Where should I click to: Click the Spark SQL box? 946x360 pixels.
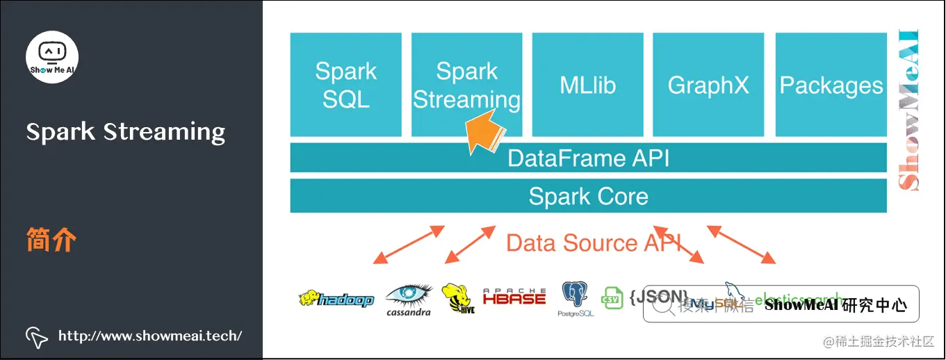pos(345,85)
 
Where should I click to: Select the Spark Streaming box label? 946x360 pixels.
pos(466,85)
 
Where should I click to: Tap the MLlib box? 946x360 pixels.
pos(587,85)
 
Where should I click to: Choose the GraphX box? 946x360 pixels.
pos(708,85)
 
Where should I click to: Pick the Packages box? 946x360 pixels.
pos(831,85)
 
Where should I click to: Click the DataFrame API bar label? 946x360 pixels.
pos(588,158)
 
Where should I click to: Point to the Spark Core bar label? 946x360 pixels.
pos(588,196)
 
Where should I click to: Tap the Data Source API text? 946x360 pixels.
pos(593,243)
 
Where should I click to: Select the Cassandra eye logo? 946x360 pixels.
pos(409,297)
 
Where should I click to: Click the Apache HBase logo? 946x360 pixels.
pos(514,297)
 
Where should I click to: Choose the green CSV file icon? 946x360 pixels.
pos(612,297)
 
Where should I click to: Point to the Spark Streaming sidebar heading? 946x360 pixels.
pos(126,131)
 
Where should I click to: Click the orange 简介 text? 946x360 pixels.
pos(51,240)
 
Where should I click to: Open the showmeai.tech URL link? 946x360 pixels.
pos(149,336)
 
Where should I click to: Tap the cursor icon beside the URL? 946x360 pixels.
pos(37,336)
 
